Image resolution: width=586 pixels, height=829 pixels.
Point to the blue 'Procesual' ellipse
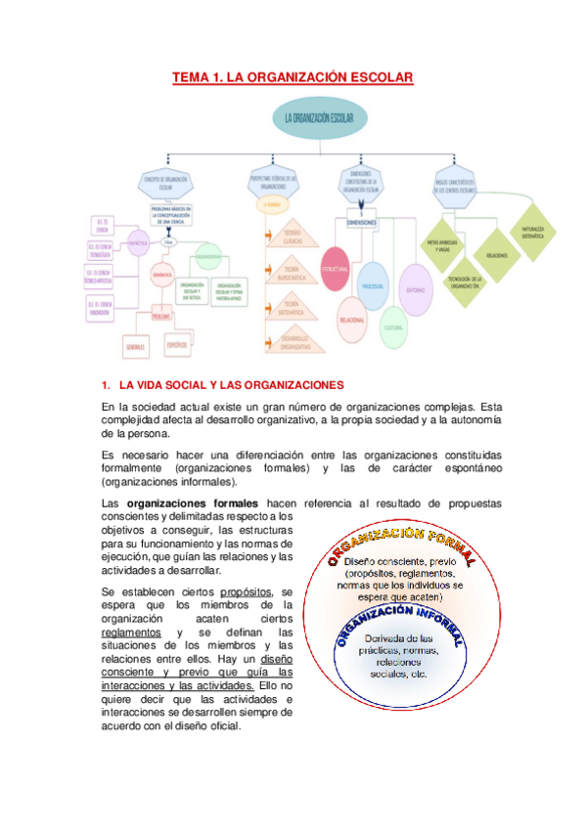[372, 285]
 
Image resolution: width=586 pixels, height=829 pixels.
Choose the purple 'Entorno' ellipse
[416, 288]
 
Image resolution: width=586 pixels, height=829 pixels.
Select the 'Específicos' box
[178, 345]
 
